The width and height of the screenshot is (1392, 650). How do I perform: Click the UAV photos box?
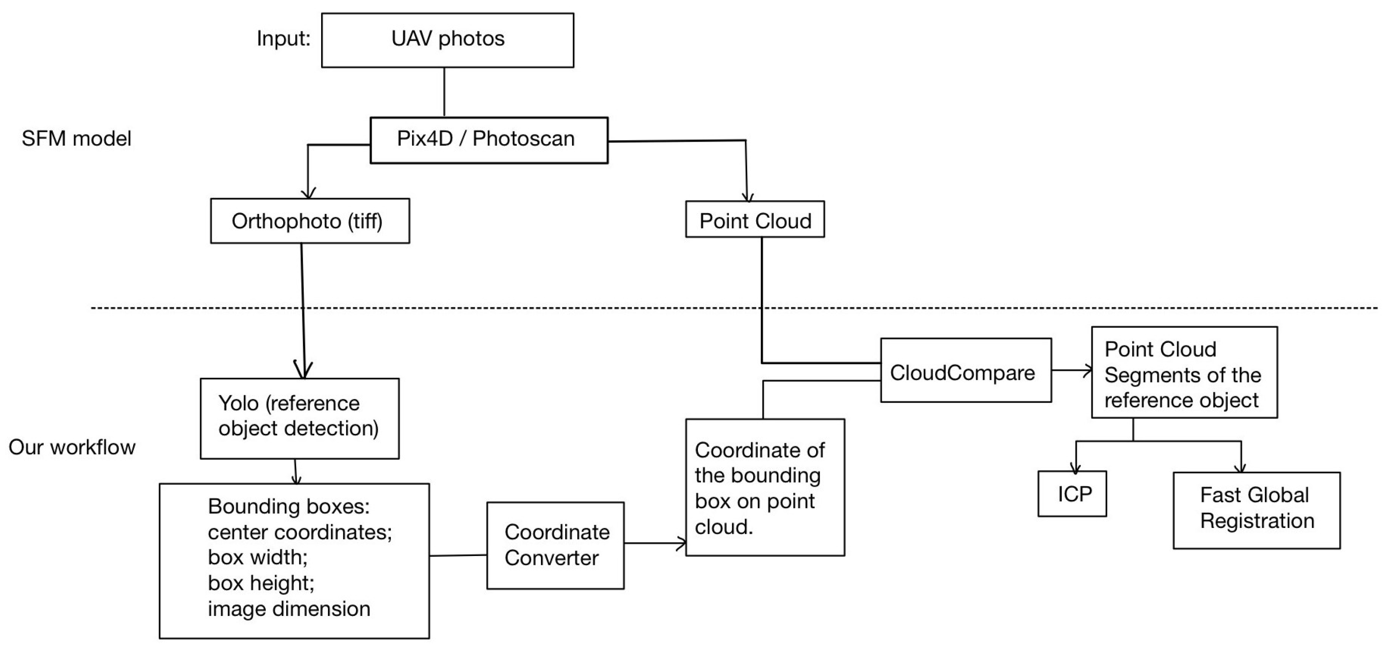[447, 40]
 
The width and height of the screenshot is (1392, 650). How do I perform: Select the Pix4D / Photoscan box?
[489, 140]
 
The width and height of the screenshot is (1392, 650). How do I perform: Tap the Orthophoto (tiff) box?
[310, 221]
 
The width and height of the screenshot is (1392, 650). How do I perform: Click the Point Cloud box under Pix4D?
[755, 220]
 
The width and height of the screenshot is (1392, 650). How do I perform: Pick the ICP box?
[1072, 494]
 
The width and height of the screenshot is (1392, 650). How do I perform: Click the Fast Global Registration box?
[1256, 510]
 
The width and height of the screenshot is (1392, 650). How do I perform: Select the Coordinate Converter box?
[555, 545]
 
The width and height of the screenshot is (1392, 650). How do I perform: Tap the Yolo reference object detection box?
[299, 418]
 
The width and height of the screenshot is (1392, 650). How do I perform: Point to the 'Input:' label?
[284, 38]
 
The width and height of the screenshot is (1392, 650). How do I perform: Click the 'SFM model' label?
[76, 139]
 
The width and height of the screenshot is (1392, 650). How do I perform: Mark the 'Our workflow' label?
[72, 448]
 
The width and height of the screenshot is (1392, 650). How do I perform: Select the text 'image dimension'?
[289, 609]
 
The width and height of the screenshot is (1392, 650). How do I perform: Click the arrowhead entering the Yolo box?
[304, 370]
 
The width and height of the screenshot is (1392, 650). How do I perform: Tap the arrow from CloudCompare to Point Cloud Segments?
[1073, 371]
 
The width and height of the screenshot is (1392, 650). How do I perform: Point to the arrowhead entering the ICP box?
[1076, 468]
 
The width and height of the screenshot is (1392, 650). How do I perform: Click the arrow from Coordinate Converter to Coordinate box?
[655, 543]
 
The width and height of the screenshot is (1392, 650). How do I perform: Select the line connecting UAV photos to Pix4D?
[444, 92]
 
